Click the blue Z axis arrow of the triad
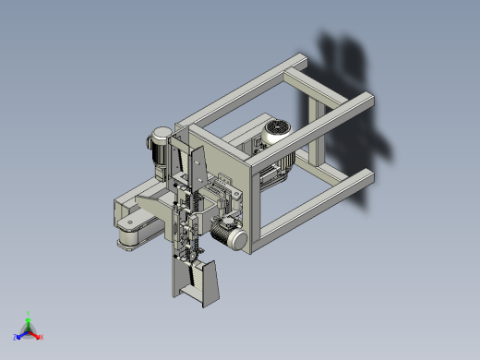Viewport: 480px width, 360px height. point(21,334)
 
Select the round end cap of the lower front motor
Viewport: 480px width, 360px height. point(237,241)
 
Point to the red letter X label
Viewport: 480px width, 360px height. point(42,337)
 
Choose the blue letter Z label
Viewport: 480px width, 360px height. point(17,337)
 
